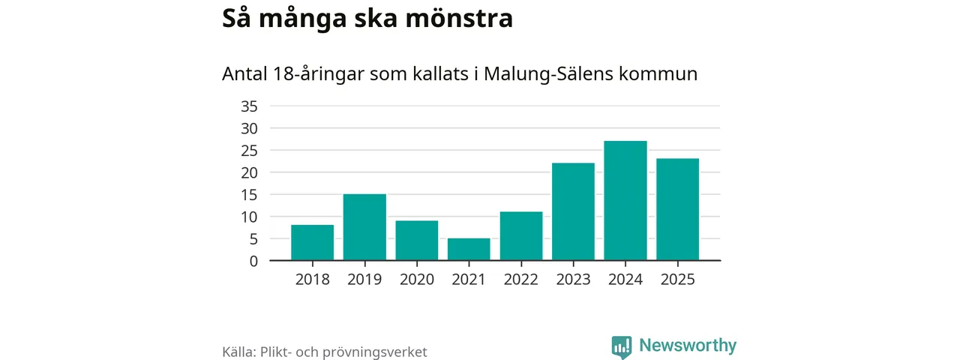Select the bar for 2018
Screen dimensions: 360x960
pyautogui.click(x=312, y=242)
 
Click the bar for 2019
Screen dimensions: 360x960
pyautogui.click(x=364, y=227)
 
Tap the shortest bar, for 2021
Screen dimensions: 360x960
pyautogui.click(x=469, y=249)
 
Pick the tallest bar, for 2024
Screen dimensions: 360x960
pyautogui.click(x=625, y=200)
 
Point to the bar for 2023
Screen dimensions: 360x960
pyautogui.click(x=573, y=211)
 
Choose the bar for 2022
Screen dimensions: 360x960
pyautogui.click(x=521, y=235)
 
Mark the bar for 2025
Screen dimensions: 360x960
pyautogui.click(x=677, y=209)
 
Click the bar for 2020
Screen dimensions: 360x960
pyautogui.click(x=417, y=240)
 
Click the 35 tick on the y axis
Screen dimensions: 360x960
pyautogui.click(x=249, y=106)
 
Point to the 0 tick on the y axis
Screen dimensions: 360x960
pyautogui.click(x=253, y=261)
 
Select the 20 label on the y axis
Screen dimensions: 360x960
pyautogui.click(x=249, y=172)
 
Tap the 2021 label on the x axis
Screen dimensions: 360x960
pyautogui.click(x=469, y=280)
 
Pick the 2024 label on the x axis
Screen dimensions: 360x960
pyautogui.click(x=625, y=280)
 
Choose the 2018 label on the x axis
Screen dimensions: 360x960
pyautogui.click(x=312, y=280)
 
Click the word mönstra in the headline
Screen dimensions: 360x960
pyautogui.click(x=461, y=19)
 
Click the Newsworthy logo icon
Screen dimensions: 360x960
pyautogui.click(x=621, y=346)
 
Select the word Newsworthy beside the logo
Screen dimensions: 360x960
pyautogui.click(x=688, y=346)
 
